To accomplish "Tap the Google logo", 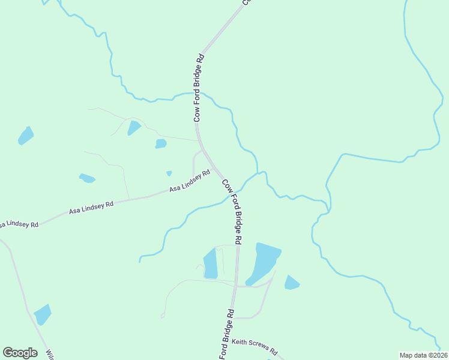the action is (x=20, y=353).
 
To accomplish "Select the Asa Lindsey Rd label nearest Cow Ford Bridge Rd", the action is (x=189, y=181).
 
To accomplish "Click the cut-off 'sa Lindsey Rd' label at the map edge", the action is (x=19, y=224).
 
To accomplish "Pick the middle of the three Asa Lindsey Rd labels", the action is (x=91, y=208).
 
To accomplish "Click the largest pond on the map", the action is (x=263, y=262).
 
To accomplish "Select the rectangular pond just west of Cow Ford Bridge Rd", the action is (x=210, y=264).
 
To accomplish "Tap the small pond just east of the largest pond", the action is (x=292, y=282).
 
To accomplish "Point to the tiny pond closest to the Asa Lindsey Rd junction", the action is (x=169, y=173).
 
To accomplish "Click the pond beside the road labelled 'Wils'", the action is (x=43, y=314).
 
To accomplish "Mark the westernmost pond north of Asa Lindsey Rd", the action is (x=26, y=136).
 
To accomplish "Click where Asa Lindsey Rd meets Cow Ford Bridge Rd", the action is (x=216, y=170).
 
